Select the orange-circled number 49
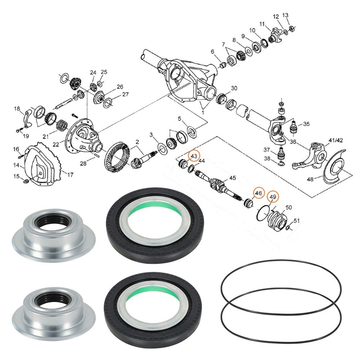273,197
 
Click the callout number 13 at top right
285,15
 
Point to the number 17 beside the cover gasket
70,175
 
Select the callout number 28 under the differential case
83,163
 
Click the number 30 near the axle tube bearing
234,89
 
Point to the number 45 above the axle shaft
233,177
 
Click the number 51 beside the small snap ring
297,221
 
